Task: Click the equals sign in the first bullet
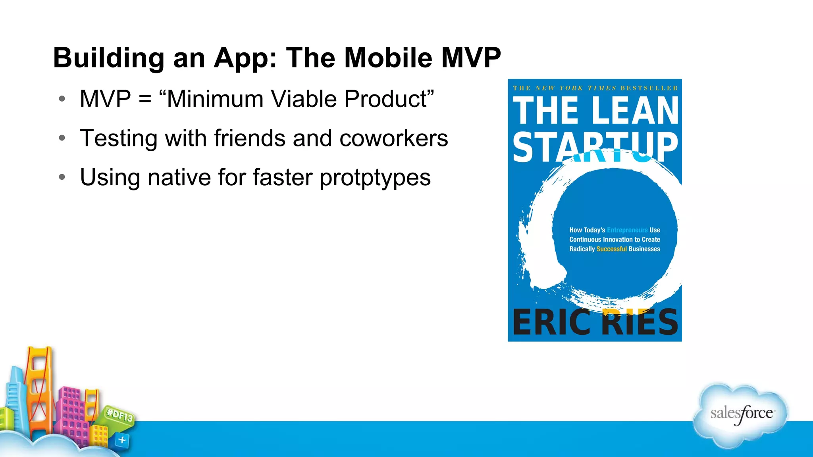coord(145,99)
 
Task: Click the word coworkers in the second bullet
coord(393,138)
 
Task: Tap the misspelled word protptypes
coord(375,177)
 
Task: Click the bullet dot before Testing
coord(62,138)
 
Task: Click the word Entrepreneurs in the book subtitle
coord(627,230)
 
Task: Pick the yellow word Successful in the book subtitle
coord(611,249)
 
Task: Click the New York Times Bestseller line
coord(595,88)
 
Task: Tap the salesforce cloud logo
coord(741,415)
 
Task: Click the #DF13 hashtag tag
coord(120,415)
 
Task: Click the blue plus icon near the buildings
coord(122,440)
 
